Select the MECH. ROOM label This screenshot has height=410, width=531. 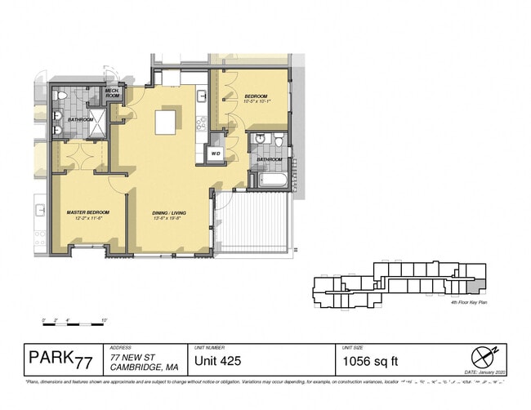113,94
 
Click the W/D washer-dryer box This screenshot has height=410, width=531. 216,153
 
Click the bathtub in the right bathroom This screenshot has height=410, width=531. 270,180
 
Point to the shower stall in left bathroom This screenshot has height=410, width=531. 96,123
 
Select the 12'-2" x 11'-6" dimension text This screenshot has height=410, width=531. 88,219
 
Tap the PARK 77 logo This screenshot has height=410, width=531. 60,359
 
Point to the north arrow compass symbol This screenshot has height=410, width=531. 483,356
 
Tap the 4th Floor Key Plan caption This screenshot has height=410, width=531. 469,302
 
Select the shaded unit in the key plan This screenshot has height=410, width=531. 480,285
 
